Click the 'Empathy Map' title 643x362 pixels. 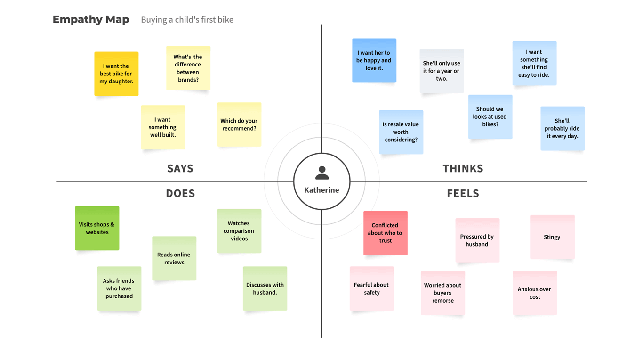(x=91, y=20)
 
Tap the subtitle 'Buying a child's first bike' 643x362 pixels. (x=187, y=20)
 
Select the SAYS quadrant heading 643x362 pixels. (x=180, y=168)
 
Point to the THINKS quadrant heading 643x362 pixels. (x=463, y=168)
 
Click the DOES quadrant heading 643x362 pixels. (x=180, y=193)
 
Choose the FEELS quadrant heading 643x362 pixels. (x=463, y=193)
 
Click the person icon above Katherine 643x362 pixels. (x=322, y=173)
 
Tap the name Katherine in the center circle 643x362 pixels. (x=321, y=190)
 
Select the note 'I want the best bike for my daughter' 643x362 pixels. (x=116, y=74)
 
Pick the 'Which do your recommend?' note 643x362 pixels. (x=239, y=124)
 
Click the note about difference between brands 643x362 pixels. (x=188, y=68)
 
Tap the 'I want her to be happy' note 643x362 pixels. (x=374, y=61)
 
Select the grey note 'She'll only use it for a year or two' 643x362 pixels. (x=442, y=71)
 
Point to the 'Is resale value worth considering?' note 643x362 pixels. (x=401, y=132)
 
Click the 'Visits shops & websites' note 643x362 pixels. (x=97, y=228)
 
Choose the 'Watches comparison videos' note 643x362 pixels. (x=239, y=231)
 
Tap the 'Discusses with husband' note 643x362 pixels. (x=265, y=288)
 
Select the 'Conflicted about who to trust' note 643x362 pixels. (x=385, y=233)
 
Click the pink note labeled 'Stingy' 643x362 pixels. (x=552, y=237)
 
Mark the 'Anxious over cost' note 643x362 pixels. (x=535, y=293)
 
